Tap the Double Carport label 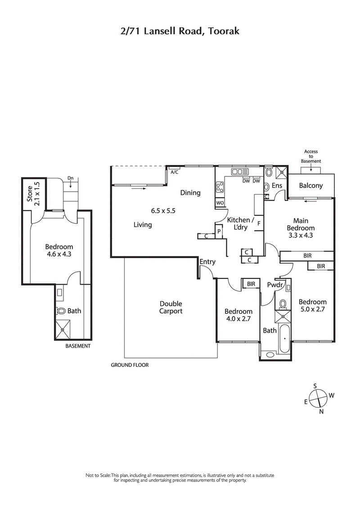click(x=171, y=307)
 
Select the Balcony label click(x=311, y=185)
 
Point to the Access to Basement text click(x=311, y=156)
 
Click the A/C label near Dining click(x=174, y=172)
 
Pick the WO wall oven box click(x=220, y=203)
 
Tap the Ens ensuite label click(x=277, y=185)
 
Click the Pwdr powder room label click(x=274, y=285)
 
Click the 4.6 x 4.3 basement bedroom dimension click(x=59, y=254)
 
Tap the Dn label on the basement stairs click(x=70, y=179)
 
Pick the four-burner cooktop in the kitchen click(x=220, y=187)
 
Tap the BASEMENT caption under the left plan click(x=78, y=346)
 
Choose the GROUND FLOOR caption click(x=130, y=365)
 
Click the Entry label click(x=207, y=262)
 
